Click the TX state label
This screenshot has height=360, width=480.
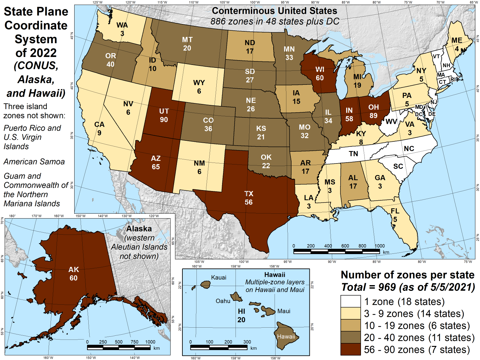pos(249,194)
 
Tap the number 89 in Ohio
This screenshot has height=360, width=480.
pos(373,116)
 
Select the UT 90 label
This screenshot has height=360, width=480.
pos(164,115)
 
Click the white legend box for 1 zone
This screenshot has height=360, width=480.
pos(350,301)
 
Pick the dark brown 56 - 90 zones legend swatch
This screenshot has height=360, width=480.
pos(350,349)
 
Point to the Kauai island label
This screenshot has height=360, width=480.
pos(219,277)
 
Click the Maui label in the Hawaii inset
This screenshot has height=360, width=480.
pos(284,311)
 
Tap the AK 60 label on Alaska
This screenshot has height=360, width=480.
pos(74,274)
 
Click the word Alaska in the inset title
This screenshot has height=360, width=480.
pos(139,229)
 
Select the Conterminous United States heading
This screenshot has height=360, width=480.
pos(275,11)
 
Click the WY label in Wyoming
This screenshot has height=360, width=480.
pos(199,83)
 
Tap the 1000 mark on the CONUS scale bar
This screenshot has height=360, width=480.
pos(380,246)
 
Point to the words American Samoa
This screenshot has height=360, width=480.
pos(34,162)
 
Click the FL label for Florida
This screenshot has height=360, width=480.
pos(395,211)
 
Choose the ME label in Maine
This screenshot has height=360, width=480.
pos(457,40)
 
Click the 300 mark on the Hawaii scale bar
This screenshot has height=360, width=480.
pos(247,342)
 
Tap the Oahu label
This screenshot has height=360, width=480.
pos(223,301)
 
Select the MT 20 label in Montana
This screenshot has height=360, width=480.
pos(187,44)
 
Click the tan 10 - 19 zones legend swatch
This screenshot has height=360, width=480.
pos(350,325)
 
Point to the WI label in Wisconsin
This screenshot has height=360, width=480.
pos(320,70)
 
